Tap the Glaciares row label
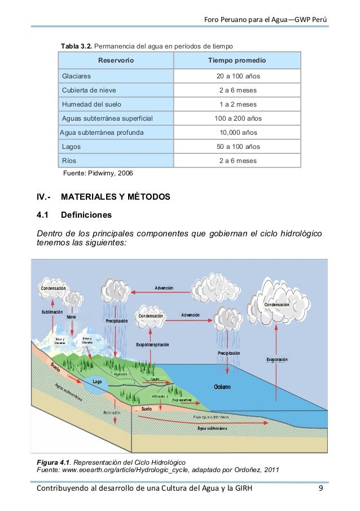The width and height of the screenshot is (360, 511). (x=77, y=76)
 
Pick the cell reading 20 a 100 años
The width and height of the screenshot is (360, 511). (x=238, y=76)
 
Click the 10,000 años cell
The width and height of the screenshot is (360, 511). (x=238, y=133)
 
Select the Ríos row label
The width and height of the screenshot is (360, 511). (x=70, y=161)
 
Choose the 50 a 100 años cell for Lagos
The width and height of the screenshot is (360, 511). (x=238, y=147)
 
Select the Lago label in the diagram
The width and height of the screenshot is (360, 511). (x=98, y=382)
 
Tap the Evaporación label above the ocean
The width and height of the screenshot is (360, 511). (x=276, y=359)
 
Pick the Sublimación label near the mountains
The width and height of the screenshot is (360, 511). (x=52, y=312)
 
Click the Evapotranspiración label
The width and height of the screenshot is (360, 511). (x=152, y=345)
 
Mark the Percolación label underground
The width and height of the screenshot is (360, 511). (x=111, y=413)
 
